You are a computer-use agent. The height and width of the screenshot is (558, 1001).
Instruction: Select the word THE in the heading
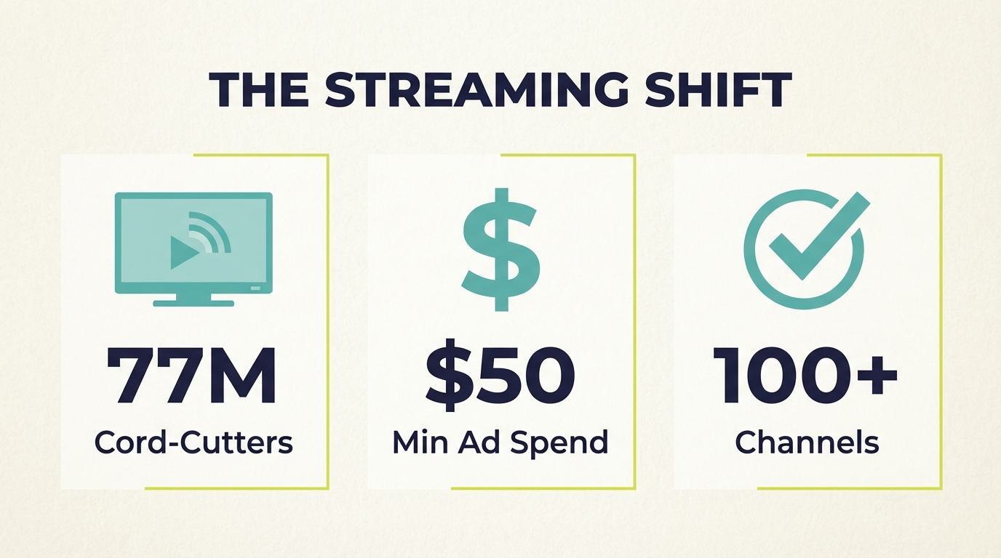click(258, 92)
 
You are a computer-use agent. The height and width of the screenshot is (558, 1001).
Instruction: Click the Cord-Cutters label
click(194, 441)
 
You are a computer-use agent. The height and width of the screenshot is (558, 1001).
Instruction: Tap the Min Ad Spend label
click(500, 441)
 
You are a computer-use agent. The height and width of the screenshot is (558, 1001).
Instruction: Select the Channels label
click(807, 441)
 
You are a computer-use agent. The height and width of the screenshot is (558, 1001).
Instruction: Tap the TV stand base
click(194, 302)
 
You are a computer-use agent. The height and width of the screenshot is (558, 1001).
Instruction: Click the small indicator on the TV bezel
click(255, 288)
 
